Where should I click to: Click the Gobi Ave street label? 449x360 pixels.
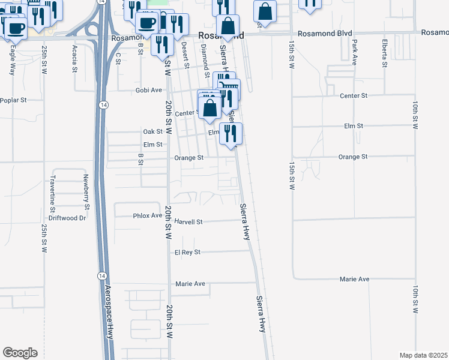click(148, 90)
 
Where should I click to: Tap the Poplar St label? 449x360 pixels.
click(14, 100)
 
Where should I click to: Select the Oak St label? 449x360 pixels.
click(152, 131)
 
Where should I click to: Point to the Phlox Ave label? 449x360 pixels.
click(148, 215)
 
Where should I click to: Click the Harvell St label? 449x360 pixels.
click(188, 221)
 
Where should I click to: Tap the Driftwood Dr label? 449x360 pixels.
click(67, 218)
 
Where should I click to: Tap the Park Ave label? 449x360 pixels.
click(355, 52)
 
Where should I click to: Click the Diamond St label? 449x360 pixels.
click(205, 56)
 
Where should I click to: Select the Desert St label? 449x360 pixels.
click(185, 55)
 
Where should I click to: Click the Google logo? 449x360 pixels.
click(20, 353)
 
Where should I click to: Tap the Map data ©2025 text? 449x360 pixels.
click(423, 355)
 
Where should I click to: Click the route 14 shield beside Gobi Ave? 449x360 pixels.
click(104, 104)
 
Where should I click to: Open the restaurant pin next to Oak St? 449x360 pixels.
click(231, 133)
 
